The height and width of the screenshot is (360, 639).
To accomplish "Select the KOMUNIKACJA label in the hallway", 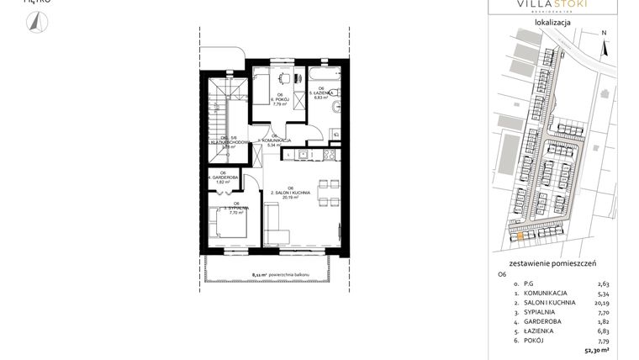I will [x=277, y=141].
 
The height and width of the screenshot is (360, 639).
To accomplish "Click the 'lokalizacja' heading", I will [x=552, y=23].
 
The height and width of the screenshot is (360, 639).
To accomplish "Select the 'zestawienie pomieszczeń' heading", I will [x=552, y=263].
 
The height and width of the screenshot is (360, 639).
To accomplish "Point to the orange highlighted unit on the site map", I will [x=520, y=236].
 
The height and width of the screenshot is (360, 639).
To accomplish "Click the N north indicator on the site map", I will [x=604, y=34].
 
